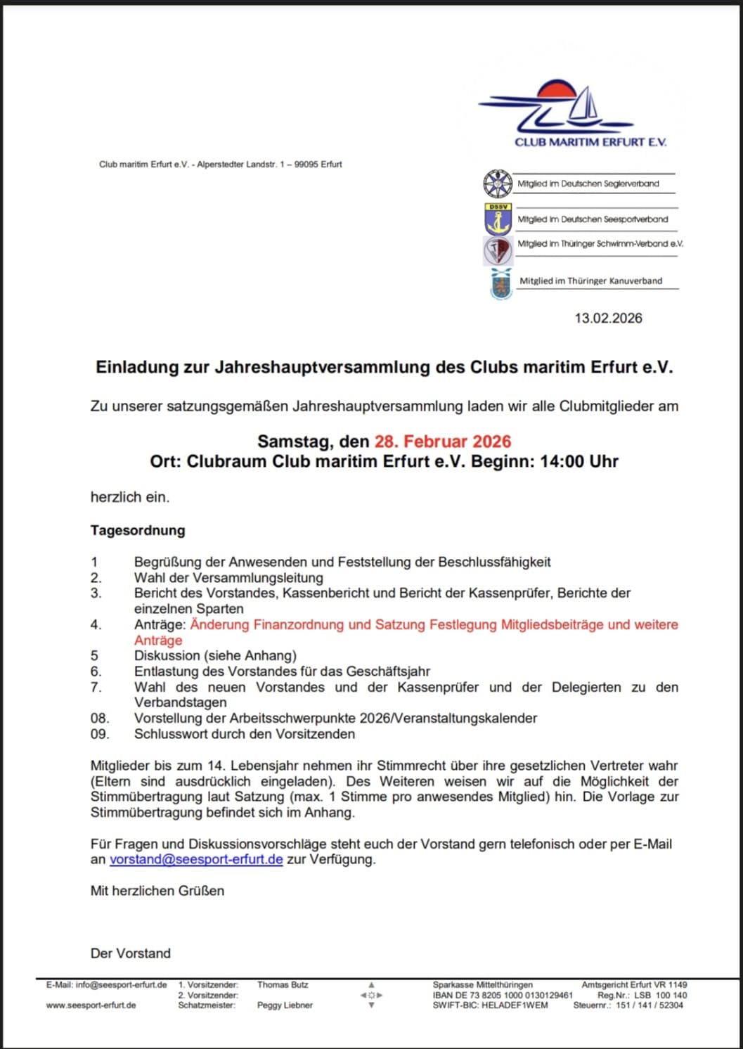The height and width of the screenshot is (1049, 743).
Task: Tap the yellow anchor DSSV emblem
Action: pos(498,219)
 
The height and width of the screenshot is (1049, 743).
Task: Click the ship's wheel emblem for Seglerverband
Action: pos(498,184)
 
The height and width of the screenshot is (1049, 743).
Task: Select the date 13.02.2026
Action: pos(608,318)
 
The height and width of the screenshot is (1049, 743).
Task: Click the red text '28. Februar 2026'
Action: pos(443,442)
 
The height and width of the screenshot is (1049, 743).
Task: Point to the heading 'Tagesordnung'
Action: pos(138,530)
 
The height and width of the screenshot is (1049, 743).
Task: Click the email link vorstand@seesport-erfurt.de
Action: pos(196,859)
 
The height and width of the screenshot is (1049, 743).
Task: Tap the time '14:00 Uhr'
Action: pos(579,462)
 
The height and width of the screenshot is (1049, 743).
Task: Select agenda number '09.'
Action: pos(100,734)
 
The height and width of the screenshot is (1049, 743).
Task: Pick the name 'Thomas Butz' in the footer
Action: pos(283,985)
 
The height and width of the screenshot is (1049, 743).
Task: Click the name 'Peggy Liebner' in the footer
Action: pos(285,1005)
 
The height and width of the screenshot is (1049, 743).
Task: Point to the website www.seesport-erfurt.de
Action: pos(91,1005)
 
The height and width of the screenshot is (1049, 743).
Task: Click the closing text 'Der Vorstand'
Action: pos(131,953)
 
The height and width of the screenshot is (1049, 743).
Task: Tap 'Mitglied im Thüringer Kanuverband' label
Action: pos(590,281)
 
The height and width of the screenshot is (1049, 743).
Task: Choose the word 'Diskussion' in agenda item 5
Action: pos(167,656)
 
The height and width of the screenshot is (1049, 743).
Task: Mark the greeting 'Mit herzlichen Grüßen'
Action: pos(157,891)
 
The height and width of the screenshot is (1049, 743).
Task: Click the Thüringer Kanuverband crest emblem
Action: pos(501,283)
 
